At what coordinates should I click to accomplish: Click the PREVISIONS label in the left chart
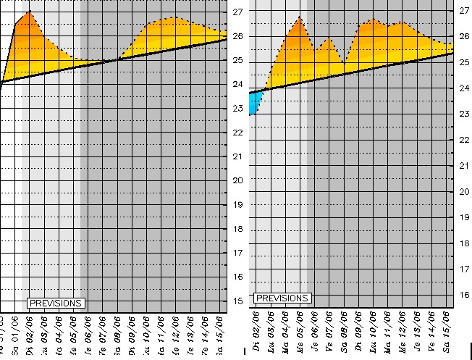tap(56, 303)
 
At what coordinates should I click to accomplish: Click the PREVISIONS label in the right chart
tap(282, 298)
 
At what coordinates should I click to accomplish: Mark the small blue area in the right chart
tap(254, 106)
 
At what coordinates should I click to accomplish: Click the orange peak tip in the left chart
tap(29, 12)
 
